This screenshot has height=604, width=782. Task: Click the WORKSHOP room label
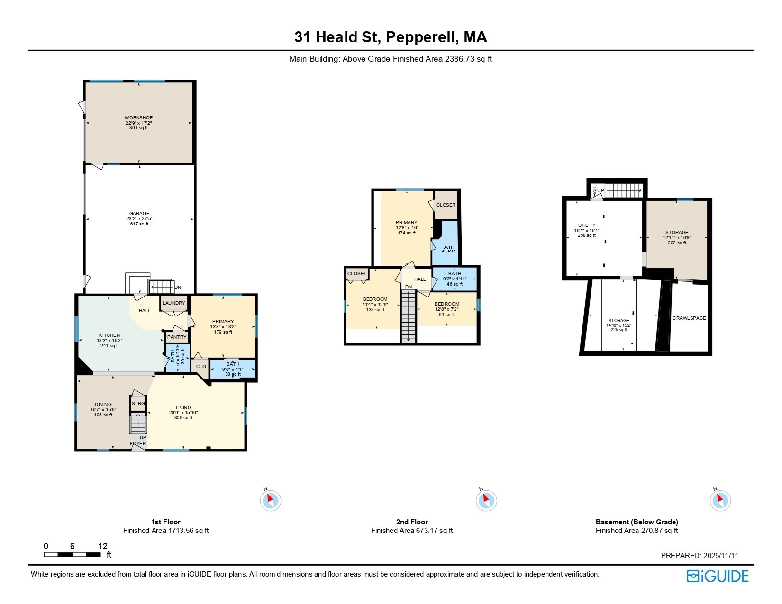pos(138,117)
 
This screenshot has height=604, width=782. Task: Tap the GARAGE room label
pos(139,214)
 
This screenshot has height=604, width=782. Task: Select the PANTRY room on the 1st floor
pos(177,337)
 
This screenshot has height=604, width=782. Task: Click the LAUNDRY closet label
pos(173,303)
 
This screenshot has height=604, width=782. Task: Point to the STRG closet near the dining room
pos(138,404)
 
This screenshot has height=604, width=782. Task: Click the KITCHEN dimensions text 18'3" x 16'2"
pos(109,341)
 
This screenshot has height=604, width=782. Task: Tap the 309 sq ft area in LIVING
pos(183,418)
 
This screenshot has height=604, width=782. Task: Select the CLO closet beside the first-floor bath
pos(201,366)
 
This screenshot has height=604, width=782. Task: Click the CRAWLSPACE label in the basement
pos(689,318)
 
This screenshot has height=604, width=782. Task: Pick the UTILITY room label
pos(587,225)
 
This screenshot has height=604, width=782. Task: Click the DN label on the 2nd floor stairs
pos(409,287)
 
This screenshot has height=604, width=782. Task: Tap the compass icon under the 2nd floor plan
pos(486,500)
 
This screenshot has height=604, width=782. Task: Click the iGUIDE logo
pos(718,576)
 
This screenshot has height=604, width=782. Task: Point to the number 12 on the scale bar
pos(103,546)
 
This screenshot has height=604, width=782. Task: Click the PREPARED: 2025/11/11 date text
pos(700,556)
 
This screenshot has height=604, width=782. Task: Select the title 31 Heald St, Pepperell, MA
pos(391,37)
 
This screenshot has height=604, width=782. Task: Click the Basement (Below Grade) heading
pos(637,522)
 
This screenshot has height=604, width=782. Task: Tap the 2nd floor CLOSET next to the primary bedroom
pos(446,205)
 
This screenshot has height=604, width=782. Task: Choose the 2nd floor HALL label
pos(420,279)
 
